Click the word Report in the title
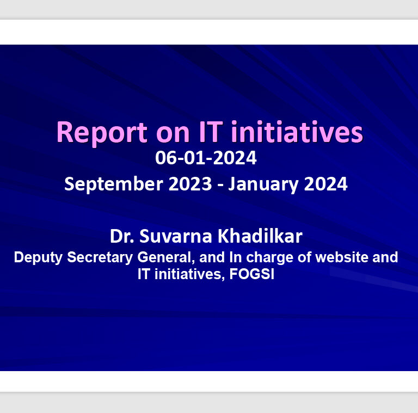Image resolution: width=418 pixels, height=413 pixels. click(x=102, y=133)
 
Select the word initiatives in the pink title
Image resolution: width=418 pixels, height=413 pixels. click(x=297, y=131)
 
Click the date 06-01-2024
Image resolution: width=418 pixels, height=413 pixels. click(x=206, y=158)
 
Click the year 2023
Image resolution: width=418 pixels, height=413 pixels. click(x=190, y=184)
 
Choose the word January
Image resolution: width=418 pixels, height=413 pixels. click(x=263, y=184)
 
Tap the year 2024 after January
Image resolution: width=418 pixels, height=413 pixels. click(x=325, y=184)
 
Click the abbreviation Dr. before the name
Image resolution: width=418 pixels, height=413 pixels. click(x=122, y=236)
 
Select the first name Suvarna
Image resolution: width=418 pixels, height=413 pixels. click(x=176, y=236)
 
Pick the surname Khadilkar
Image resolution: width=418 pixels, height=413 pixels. click(x=260, y=236)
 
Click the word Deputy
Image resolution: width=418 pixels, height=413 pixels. click(x=38, y=258)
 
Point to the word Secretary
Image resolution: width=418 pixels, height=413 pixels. click(x=100, y=258)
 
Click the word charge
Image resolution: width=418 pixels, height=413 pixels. click(x=269, y=258)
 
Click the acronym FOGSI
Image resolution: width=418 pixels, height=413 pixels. click(x=251, y=274)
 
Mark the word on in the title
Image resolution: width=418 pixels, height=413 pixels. click(x=173, y=134)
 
